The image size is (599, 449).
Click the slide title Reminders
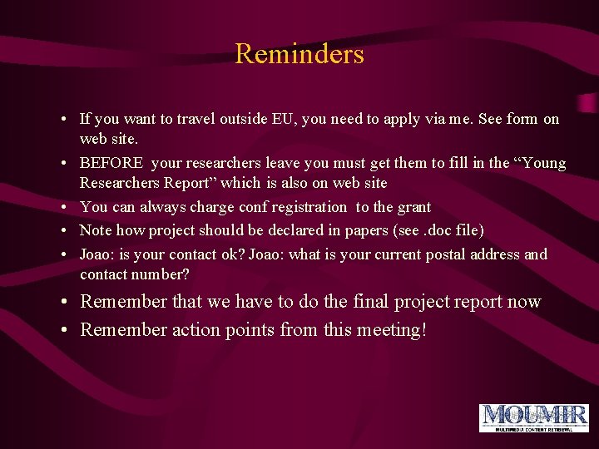(299, 54)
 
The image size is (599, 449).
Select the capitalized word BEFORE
(111, 163)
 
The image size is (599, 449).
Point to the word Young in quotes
(542, 163)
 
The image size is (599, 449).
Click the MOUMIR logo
(533, 417)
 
